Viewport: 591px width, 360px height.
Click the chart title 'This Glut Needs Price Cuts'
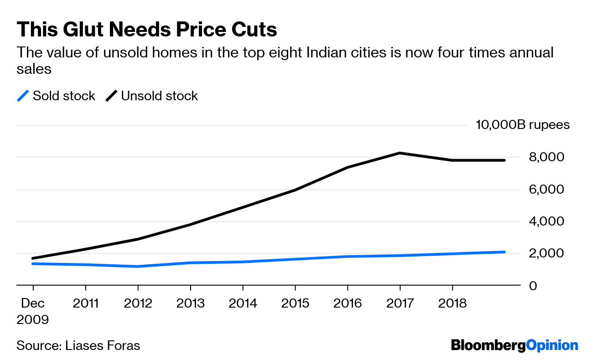pyautogui.click(x=146, y=30)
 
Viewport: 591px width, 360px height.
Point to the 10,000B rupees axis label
pyautogui.click(x=523, y=125)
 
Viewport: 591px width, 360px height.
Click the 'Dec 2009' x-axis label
pyautogui.click(x=32, y=311)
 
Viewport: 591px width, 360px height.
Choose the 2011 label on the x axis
pyautogui.click(x=85, y=303)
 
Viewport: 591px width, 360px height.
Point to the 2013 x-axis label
pyautogui.click(x=190, y=303)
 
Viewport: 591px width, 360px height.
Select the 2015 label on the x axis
pyautogui.click(x=295, y=303)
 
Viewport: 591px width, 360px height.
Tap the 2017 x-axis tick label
pyautogui.click(x=400, y=303)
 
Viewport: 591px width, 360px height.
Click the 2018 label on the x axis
pyautogui.click(x=452, y=303)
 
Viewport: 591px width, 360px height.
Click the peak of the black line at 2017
pyautogui.click(x=400, y=153)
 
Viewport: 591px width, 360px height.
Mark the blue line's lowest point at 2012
pyautogui.click(x=138, y=266)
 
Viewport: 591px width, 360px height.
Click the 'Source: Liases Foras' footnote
pyautogui.click(x=78, y=345)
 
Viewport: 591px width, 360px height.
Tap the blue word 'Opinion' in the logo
pyautogui.click(x=552, y=345)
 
